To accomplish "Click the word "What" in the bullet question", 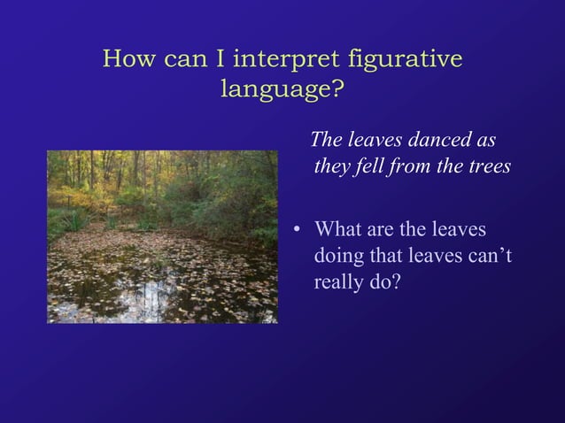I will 338,230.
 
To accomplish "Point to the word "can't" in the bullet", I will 489,258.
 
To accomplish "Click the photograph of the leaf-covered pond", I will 162,236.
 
